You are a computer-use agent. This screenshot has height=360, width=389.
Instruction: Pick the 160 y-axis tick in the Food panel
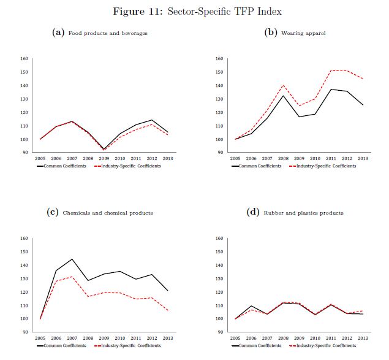tap(25, 59)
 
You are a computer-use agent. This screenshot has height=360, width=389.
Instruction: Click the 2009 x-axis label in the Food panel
tap(104, 158)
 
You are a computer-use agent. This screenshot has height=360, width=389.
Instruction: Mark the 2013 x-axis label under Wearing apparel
tap(363, 158)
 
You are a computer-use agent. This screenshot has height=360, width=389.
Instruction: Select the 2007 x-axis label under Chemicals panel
tap(72, 337)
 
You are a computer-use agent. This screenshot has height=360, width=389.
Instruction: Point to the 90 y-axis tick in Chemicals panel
tap(26, 332)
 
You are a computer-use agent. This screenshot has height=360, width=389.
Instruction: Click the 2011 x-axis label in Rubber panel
tap(331, 337)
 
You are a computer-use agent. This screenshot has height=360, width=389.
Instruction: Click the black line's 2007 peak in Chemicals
tap(72, 259)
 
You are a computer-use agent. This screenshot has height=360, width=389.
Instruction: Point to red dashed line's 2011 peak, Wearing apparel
tap(331, 70)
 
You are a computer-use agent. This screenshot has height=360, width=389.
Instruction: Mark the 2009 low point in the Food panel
tap(104, 149)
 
